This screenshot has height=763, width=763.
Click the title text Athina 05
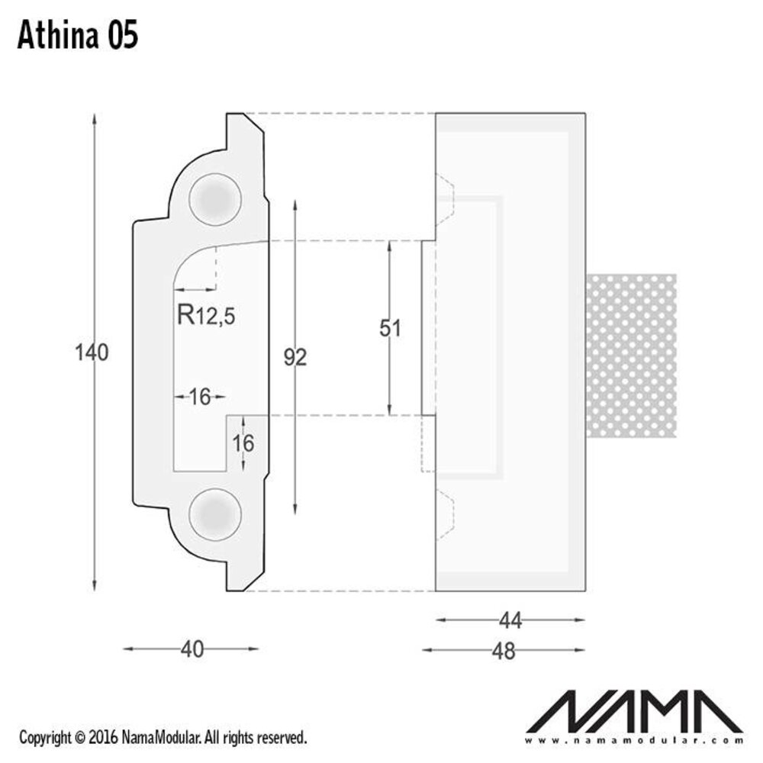[77, 35]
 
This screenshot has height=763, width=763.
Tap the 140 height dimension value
[92, 353]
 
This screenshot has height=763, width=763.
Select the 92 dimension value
[295, 356]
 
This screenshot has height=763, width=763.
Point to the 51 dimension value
[390, 328]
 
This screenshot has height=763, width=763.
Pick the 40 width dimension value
[192, 649]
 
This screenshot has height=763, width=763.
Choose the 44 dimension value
[510, 621]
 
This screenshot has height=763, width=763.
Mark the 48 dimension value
[504, 651]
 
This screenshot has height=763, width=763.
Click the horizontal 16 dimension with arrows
[199, 396]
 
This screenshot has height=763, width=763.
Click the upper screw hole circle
[215, 198]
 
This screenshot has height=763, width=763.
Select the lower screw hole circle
[215, 512]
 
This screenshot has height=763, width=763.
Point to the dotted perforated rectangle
[631, 356]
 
